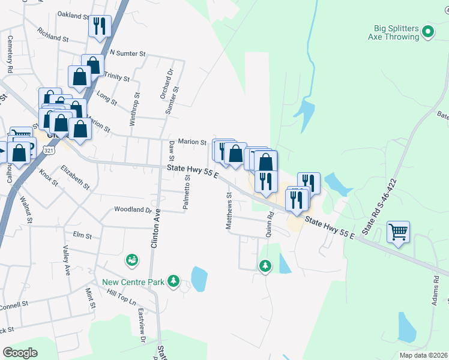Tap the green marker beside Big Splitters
[x=428, y=31]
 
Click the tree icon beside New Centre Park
[x=173, y=281]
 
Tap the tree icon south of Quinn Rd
[x=265, y=265]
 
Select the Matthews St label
[x=229, y=211]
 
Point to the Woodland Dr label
[x=133, y=210]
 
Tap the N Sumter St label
[x=128, y=53]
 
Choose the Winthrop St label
[x=135, y=109]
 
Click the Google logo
[x=20, y=352]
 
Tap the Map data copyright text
[x=422, y=355]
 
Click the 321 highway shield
[x=49, y=151]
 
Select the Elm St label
[x=82, y=236]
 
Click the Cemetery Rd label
[x=10, y=54]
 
